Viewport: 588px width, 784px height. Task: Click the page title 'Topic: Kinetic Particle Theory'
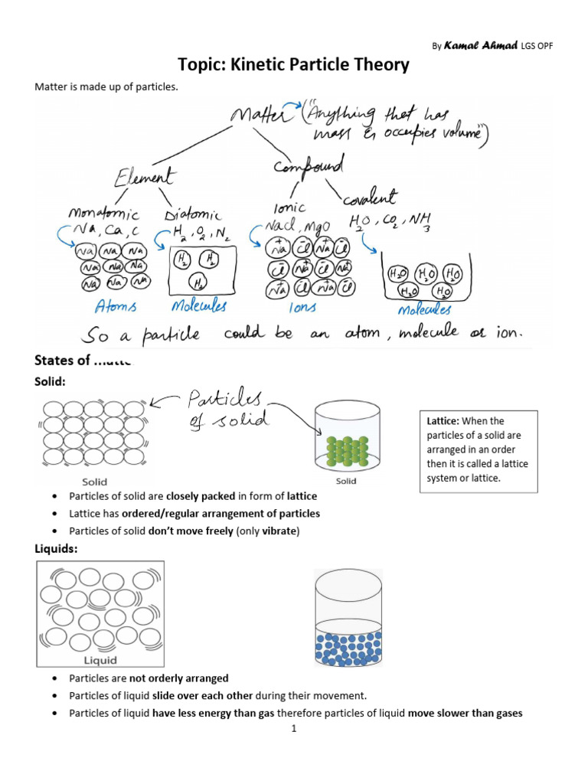coord(294,66)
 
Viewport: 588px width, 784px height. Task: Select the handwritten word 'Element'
coord(145,178)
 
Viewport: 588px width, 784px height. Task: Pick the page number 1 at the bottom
coord(293,729)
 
